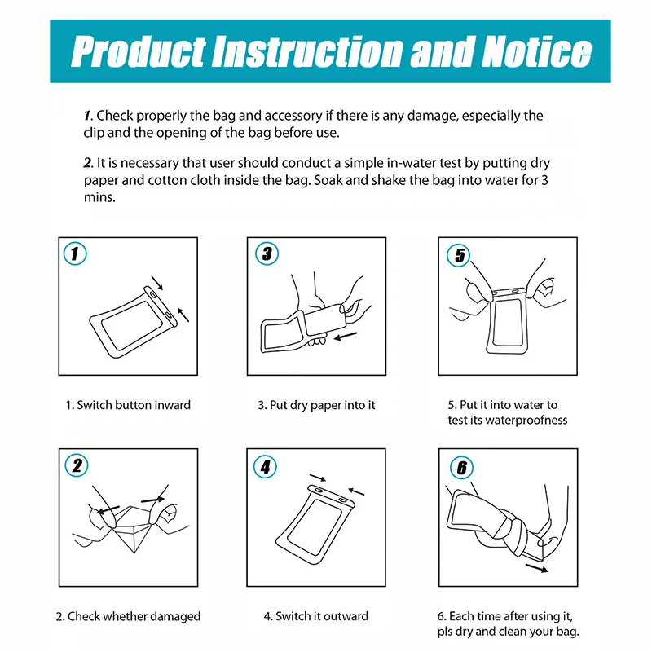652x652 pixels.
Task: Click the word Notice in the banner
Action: tap(537, 51)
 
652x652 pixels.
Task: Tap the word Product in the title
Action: tap(139, 51)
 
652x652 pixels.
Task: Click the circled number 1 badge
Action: tap(75, 253)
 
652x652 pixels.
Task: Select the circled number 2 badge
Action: tap(77, 465)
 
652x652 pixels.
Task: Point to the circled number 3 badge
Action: tap(267, 253)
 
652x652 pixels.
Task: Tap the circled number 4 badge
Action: tap(266, 466)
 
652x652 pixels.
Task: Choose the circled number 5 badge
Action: tap(459, 255)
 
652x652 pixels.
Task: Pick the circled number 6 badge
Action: tap(462, 467)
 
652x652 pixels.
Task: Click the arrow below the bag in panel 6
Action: tap(537, 568)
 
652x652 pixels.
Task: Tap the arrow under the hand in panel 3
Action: tap(345, 337)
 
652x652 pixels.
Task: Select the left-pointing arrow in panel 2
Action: tap(108, 510)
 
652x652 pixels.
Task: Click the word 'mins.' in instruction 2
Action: tap(99, 197)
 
